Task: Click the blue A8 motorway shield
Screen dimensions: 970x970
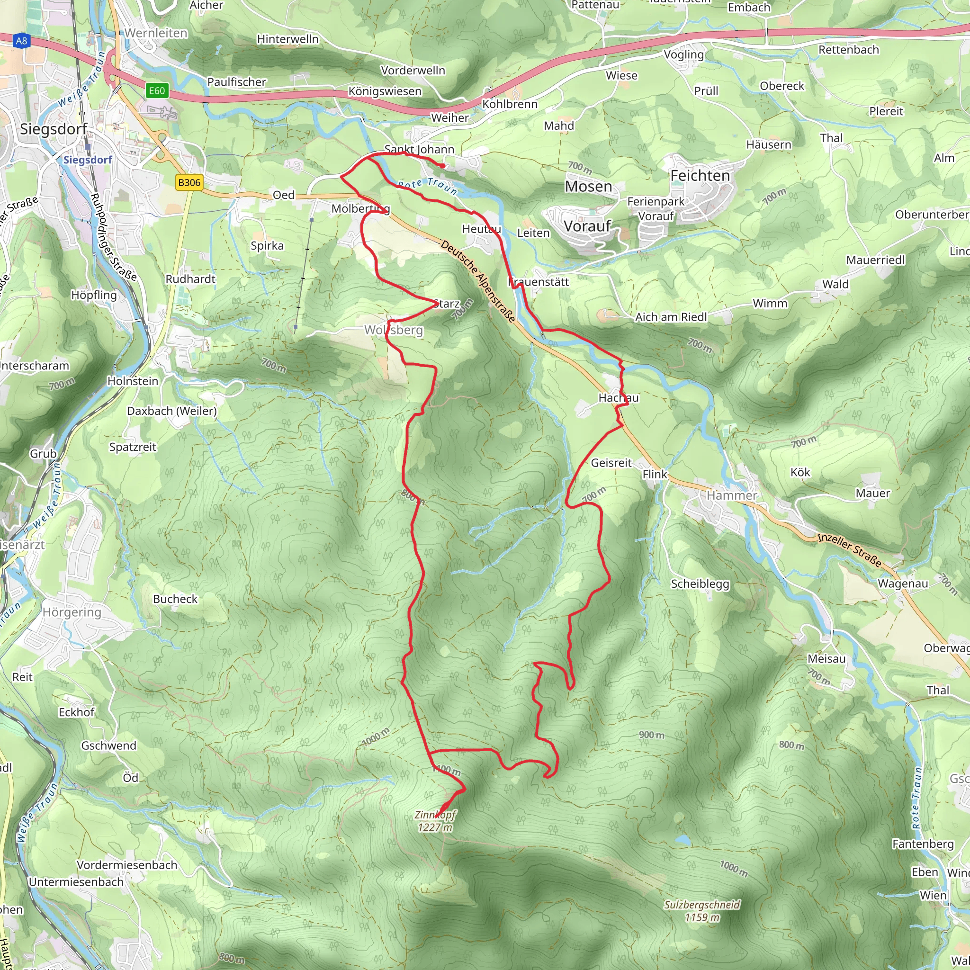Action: tap(21, 41)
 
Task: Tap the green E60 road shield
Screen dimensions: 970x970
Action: tap(157, 91)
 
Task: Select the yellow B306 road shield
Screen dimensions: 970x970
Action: tap(189, 182)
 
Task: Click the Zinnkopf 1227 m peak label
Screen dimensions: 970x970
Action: tap(435, 821)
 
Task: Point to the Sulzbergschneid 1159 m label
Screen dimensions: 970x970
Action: tap(702, 911)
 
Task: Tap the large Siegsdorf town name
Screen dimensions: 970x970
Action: tap(54, 129)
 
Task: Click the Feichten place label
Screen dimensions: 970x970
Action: tap(701, 176)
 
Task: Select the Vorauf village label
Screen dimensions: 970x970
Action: tap(587, 226)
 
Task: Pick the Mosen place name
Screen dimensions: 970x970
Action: tap(588, 187)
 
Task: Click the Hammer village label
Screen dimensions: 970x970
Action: tap(731, 495)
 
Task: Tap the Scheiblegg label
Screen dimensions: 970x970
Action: tap(700, 584)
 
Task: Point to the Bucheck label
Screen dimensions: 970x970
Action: tap(175, 599)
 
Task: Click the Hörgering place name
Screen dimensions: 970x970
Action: tap(72, 612)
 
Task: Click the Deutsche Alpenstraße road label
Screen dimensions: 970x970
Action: tap(478, 281)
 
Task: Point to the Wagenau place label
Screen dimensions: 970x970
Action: tap(903, 584)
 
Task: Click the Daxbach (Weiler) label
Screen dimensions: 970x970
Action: tap(172, 411)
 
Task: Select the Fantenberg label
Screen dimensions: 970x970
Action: tap(923, 844)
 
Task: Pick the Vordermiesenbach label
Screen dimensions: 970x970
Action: tap(127, 865)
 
